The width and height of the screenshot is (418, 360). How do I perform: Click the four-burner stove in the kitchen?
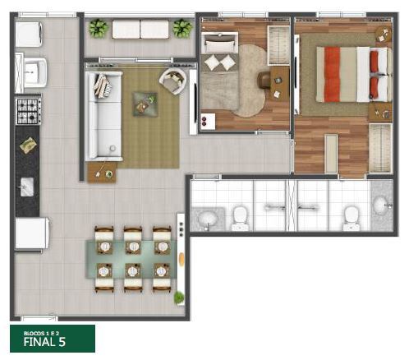tap(29, 111)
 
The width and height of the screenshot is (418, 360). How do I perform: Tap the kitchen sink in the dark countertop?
tap(27, 187)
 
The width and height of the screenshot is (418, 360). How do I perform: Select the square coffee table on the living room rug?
tap(145, 104)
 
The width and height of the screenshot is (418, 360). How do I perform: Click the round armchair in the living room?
tap(173, 81)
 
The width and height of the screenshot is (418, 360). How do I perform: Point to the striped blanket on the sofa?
tap(103, 85)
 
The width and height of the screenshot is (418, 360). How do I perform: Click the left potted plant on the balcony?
tap(99, 28)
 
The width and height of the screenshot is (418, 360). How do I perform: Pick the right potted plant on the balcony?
tap(182, 28)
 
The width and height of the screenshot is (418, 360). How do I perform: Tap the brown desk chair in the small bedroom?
tap(264, 80)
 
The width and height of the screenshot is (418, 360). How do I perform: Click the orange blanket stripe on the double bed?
tap(332, 74)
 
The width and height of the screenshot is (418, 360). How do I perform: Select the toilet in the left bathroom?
tap(240, 219)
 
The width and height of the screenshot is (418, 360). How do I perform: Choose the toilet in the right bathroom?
tap(351, 219)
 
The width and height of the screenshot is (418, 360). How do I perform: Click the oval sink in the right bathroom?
tap(381, 205)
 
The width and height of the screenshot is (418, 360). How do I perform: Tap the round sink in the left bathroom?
tap(208, 219)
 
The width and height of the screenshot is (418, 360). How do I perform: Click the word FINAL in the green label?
tap(39, 342)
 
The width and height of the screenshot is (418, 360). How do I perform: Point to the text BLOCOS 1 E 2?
tap(41, 333)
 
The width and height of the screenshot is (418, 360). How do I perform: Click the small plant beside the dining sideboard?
tap(179, 298)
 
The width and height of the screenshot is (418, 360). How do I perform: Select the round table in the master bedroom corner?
tap(384, 35)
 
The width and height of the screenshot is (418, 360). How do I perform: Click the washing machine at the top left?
tap(29, 34)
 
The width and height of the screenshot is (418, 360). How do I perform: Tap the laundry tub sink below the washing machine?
tap(34, 72)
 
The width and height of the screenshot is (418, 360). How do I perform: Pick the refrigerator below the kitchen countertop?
tap(32, 233)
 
